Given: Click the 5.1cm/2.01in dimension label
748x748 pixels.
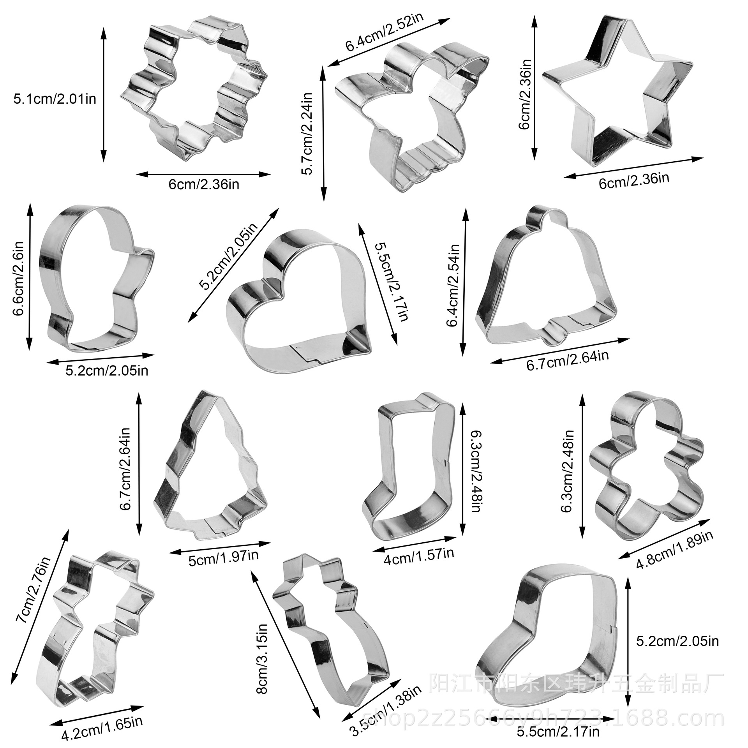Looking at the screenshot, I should click(55, 99).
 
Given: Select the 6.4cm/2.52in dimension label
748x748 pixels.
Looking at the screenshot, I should click(385, 33).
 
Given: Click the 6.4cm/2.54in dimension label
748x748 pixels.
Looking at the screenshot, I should click(454, 286).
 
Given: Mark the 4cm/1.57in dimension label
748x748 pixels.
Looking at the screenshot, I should click(419, 553).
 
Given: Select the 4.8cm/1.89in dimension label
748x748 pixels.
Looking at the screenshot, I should click(674, 550).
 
